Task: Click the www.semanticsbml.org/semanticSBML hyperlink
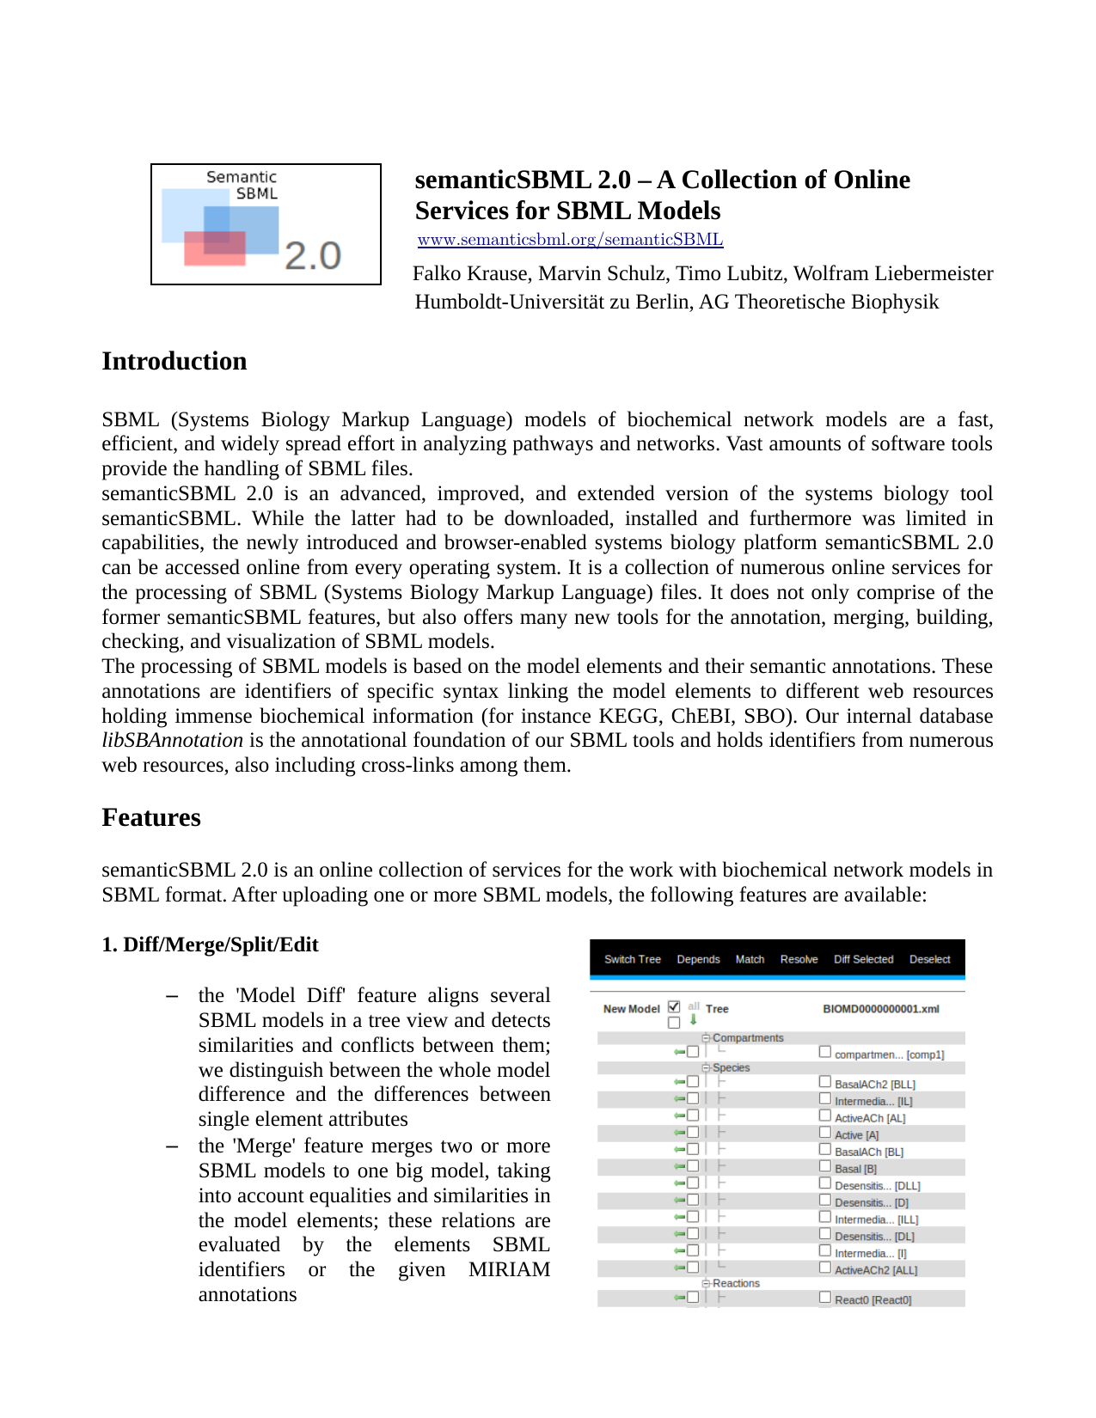570,240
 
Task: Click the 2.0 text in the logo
313,256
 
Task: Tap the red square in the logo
215,248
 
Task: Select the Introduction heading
175,361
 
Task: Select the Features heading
151,817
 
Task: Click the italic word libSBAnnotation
172,741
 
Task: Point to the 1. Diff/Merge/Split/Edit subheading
210,944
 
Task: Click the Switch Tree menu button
632,959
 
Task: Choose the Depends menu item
698,959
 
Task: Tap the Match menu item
750,959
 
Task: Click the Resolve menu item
799,959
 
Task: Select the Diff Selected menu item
863,959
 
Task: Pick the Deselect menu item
929,959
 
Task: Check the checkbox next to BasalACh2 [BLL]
825,1082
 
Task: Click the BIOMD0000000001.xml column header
880,1009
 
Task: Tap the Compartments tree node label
748,1038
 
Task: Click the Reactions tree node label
736,1283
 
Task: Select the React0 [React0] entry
873,1299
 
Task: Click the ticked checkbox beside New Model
674,1006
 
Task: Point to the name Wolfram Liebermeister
893,273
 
